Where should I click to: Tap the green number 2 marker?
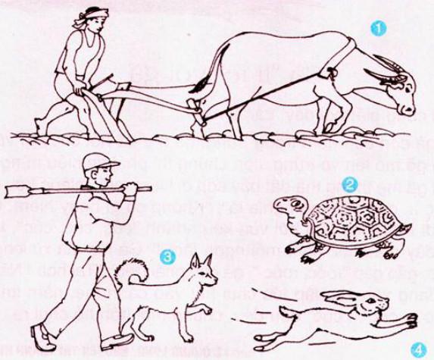(x=350, y=184)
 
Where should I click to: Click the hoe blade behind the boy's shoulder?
(x=19, y=190)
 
